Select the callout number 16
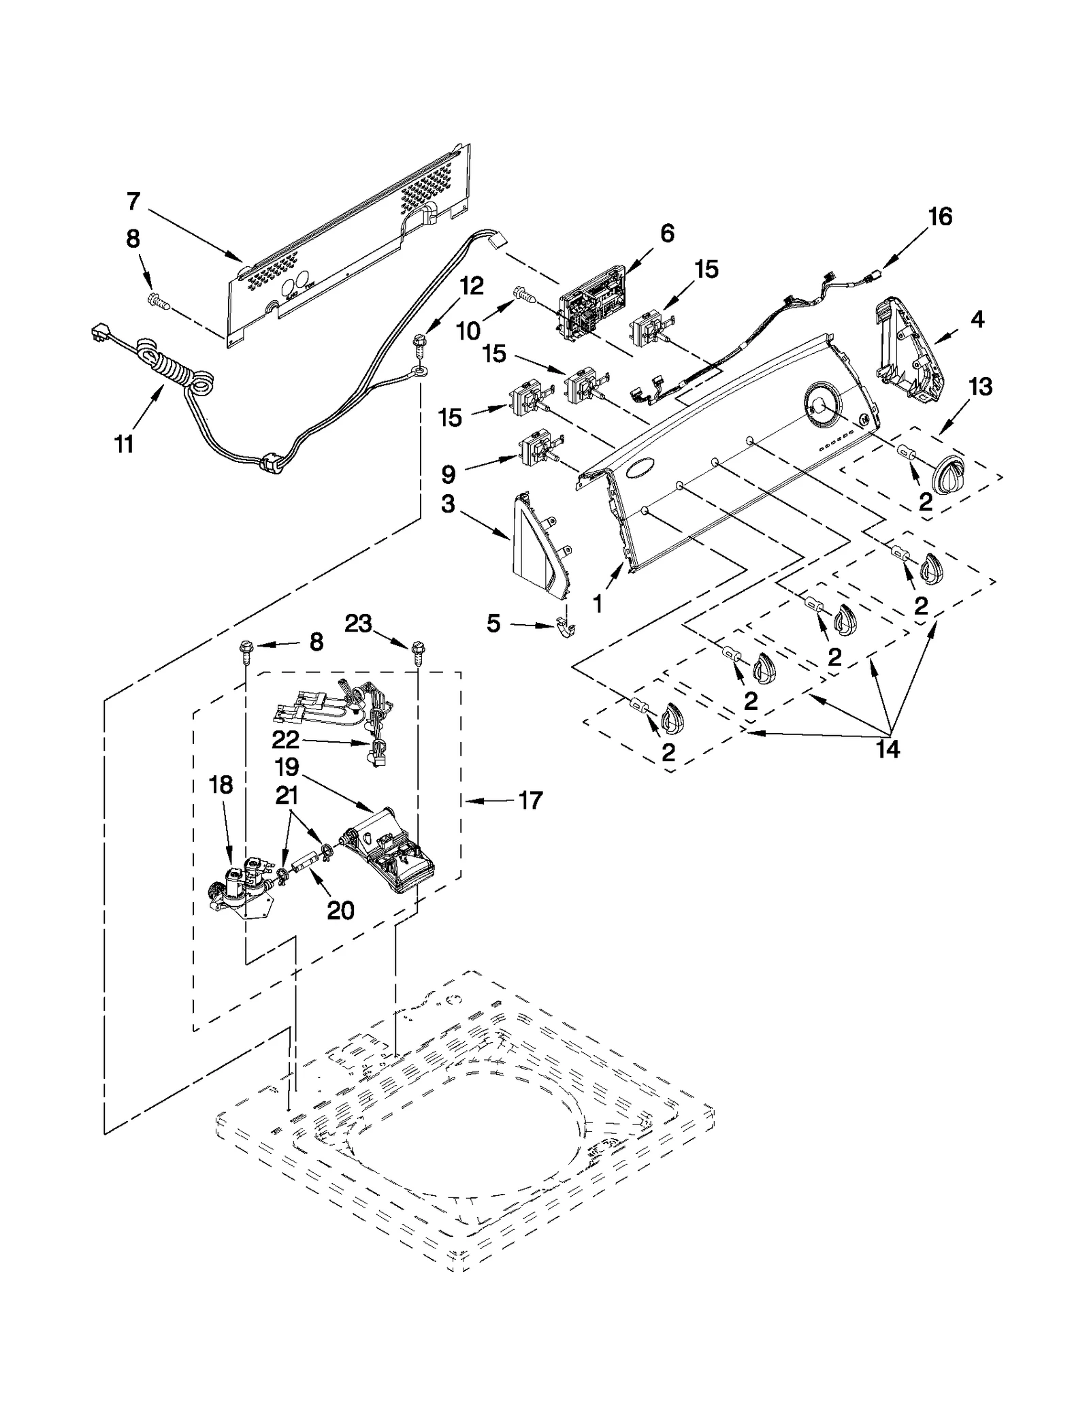point(939,217)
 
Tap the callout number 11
point(123,444)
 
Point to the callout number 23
point(358,623)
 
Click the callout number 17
point(530,800)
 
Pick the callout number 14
point(888,749)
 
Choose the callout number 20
point(340,910)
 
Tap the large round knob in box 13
point(954,472)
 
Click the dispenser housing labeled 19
point(388,851)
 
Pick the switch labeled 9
point(536,449)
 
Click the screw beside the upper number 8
point(161,299)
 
